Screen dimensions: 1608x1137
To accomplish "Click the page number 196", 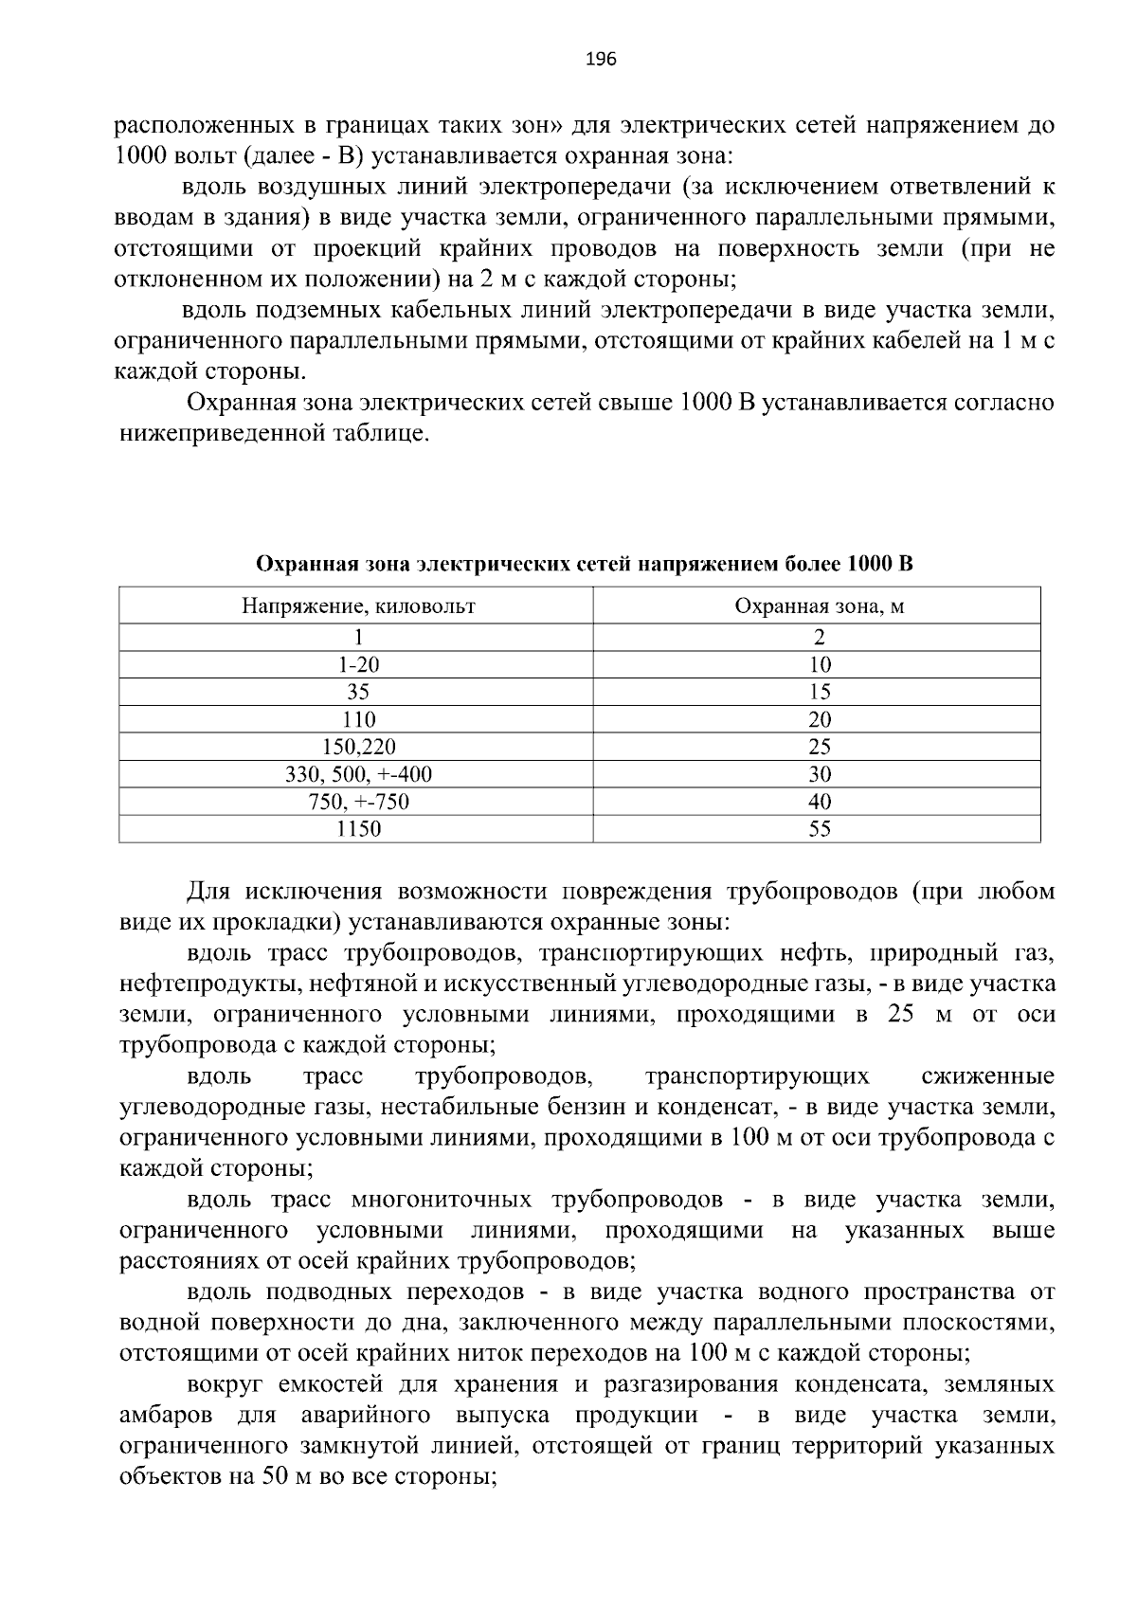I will [601, 60].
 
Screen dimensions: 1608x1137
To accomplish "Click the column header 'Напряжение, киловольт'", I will [357, 605].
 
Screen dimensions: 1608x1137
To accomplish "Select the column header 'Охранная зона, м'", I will [819, 605].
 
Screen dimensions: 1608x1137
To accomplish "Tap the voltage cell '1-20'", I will [357, 664].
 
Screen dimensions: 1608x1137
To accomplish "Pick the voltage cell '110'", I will [357, 719].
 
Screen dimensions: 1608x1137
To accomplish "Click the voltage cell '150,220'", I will [357, 747].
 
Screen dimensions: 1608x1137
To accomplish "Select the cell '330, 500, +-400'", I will [357, 774].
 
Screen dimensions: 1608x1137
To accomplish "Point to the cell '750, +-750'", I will [357, 802].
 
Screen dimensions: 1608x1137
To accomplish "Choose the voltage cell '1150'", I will [357, 829].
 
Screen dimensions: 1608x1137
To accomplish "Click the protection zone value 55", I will [819, 829].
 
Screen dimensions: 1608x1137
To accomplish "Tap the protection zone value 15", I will [819, 692].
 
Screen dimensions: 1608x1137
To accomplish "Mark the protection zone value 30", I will [819, 774].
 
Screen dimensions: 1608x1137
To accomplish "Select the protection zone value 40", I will [819, 802].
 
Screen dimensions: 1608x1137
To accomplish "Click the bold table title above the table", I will [585, 565].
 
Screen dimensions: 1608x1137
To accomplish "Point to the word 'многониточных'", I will [441, 1201].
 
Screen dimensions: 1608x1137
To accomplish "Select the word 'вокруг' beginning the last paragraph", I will [226, 1384].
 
